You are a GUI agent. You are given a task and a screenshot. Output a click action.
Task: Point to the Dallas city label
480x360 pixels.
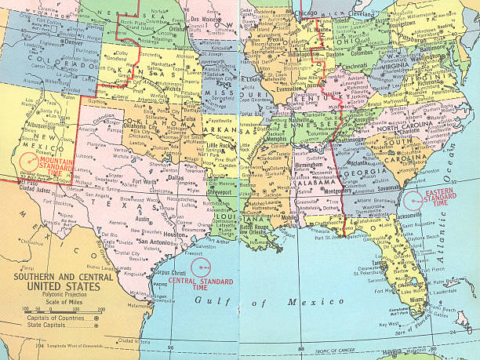[x=175, y=178]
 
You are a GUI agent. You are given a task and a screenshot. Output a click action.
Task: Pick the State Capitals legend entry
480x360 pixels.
[x=49, y=324]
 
